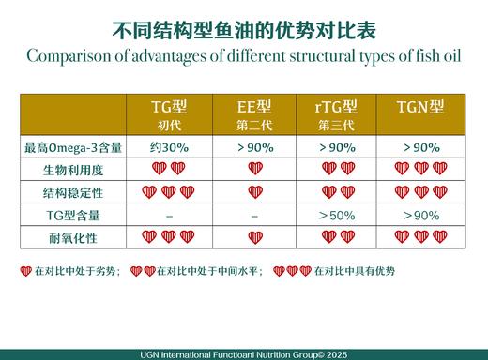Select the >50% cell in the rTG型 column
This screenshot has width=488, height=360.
(x=335, y=215)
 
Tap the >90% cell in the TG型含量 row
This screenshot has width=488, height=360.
(x=420, y=215)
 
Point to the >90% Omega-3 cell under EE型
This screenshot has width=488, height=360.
(x=253, y=146)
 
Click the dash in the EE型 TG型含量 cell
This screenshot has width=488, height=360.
(x=254, y=215)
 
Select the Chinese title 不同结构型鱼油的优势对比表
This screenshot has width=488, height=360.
(x=243, y=30)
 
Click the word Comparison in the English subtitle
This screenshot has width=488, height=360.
(x=71, y=56)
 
